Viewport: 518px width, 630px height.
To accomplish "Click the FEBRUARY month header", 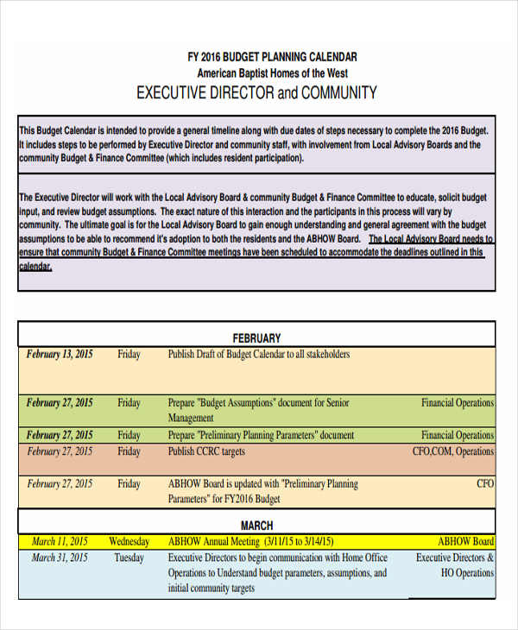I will pyautogui.click(x=256, y=338).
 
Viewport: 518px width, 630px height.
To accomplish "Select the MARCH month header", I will pyautogui.click(x=256, y=525).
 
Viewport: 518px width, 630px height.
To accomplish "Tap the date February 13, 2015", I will pyautogui.click(x=60, y=354).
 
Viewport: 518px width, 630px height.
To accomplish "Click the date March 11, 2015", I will pyautogui.click(x=60, y=541).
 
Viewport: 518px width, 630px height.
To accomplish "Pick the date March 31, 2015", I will pyautogui.click(x=60, y=558).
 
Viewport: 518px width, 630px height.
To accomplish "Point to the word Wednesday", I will pyautogui.click(x=129, y=542).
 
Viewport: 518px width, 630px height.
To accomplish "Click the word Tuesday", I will pyautogui.click(x=129, y=558).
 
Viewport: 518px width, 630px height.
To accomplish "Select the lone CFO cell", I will pyautogui.click(x=485, y=484).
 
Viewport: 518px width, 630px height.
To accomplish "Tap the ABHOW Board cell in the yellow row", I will pyautogui.click(x=465, y=542).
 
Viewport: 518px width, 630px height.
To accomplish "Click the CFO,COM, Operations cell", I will pyautogui.click(x=452, y=451).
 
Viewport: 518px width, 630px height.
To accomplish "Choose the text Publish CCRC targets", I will pyautogui.click(x=206, y=451).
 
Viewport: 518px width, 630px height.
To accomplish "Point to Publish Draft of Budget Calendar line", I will pyautogui.click(x=259, y=354).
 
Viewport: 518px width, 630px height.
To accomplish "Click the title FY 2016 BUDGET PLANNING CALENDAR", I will pyautogui.click(x=272, y=57).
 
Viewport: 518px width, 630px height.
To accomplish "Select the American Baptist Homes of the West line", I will pyautogui.click(x=272, y=73).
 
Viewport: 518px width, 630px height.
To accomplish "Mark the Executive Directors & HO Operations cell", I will pyautogui.click(x=455, y=565).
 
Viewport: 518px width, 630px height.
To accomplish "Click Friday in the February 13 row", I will pyautogui.click(x=129, y=355).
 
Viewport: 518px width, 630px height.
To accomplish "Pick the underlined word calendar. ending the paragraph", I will pyautogui.click(x=35, y=267).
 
